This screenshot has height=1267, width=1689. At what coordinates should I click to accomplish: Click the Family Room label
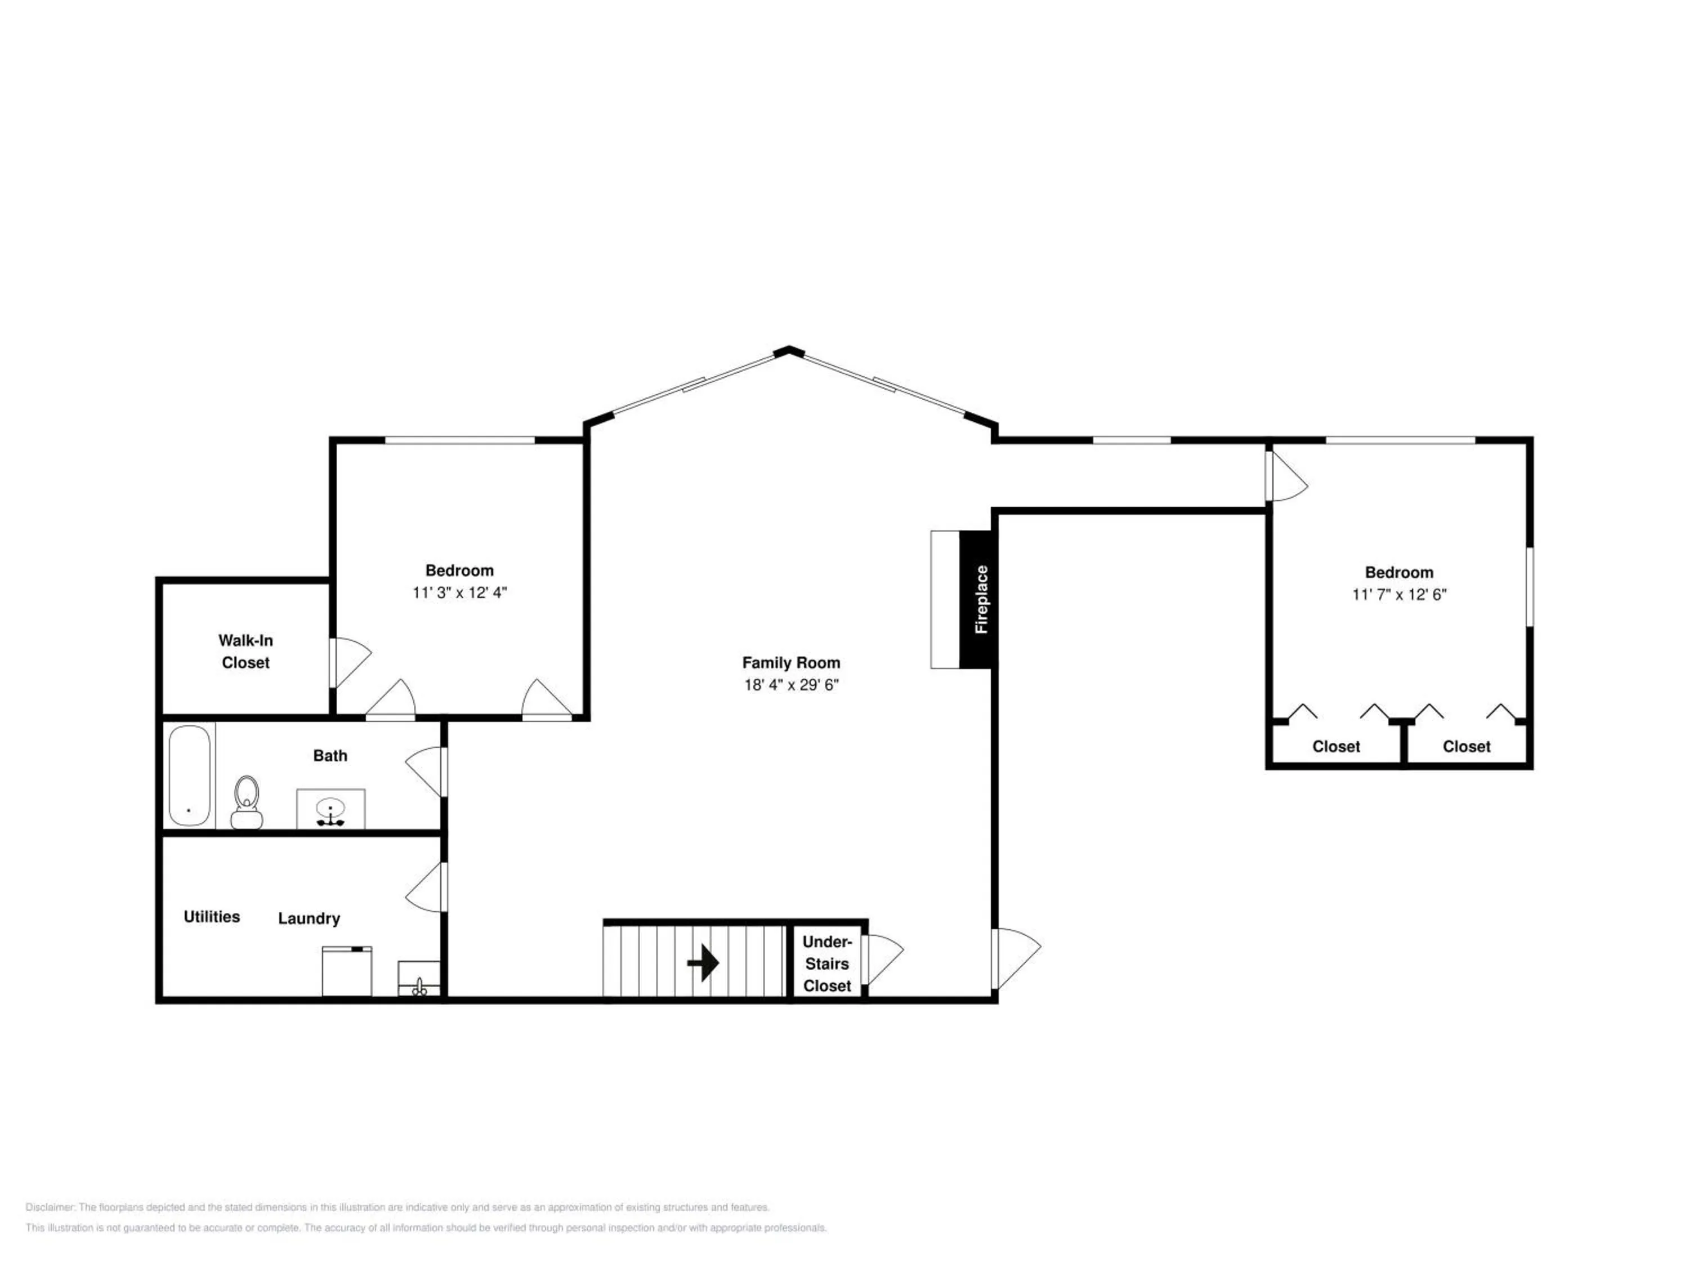click(791, 663)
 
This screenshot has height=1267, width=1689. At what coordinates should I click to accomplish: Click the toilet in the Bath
click(247, 802)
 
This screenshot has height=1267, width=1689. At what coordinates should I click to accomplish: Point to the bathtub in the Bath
click(189, 775)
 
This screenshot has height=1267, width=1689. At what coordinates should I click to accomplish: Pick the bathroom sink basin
click(330, 808)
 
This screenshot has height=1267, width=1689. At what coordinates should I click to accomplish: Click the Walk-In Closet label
click(246, 652)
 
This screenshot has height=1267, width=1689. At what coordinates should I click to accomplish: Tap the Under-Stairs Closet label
click(827, 964)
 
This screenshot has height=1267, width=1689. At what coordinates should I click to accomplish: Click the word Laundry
click(309, 919)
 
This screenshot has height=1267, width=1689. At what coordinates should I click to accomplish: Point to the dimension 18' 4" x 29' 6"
click(791, 685)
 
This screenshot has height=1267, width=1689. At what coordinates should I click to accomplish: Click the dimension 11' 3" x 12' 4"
click(459, 592)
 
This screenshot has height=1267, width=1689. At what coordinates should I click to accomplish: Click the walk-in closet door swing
click(351, 662)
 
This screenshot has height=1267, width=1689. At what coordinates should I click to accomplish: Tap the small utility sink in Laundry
click(418, 978)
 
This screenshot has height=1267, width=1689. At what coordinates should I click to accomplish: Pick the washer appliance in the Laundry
click(347, 971)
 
